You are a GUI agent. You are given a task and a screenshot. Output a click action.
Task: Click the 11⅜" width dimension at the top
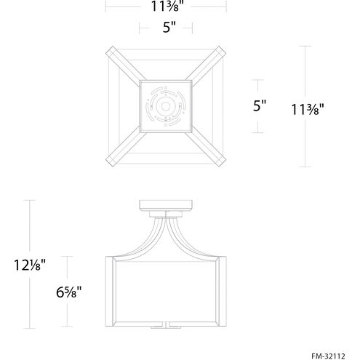pyautogui.click(x=166, y=6)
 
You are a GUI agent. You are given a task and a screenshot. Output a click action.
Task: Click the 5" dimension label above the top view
pyautogui.click(x=169, y=27)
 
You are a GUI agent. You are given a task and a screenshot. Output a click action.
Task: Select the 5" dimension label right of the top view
pyautogui.click(x=260, y=105)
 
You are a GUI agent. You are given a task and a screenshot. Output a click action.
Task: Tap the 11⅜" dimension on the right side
pyautogui.click(x=308, y=109)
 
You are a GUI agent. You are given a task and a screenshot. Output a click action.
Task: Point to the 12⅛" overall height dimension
pyautogui.click(x=30, y=265)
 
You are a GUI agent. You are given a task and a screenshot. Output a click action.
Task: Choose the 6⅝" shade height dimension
pyautogui.click(x=68, y=292)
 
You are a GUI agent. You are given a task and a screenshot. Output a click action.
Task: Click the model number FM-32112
pyautogui.click(x=328, y=356)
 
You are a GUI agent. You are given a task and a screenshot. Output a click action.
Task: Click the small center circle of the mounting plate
pyautogui.click(x=166, y=106)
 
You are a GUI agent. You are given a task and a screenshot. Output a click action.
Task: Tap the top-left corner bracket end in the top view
pyautogui.click(x=110, y=50)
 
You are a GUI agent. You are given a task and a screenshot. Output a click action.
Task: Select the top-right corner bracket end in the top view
pyautogui.click(x=222, y=50)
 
